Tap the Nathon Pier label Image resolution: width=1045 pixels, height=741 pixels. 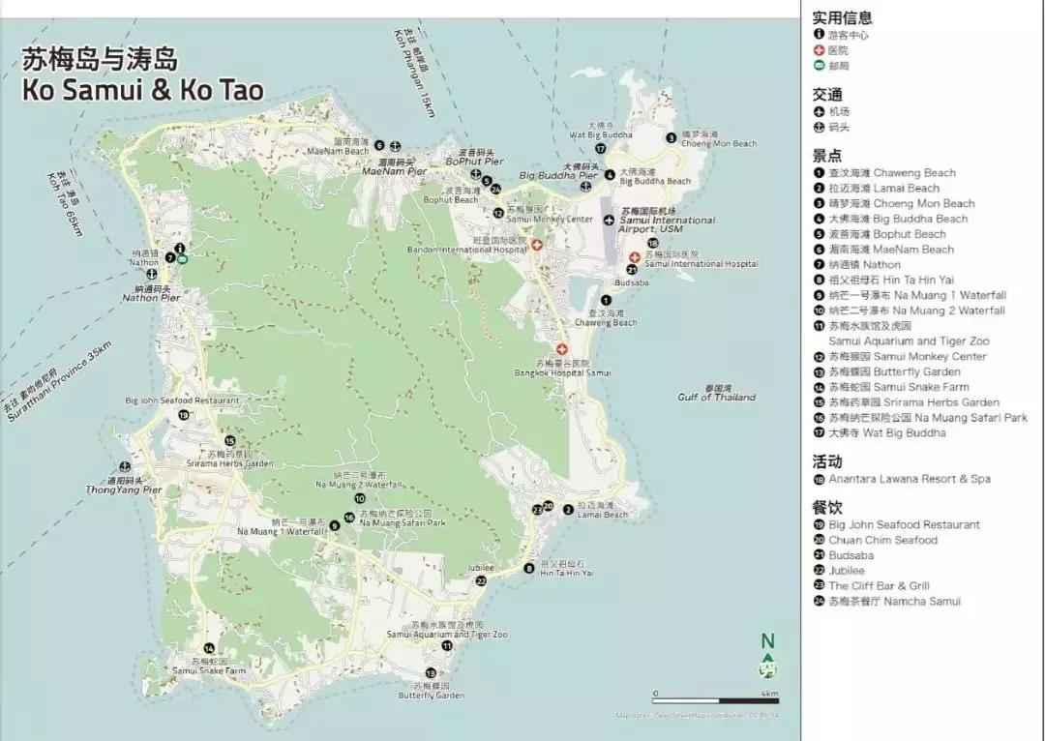click(151, 298)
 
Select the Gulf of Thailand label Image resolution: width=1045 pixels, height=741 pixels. click(716, 397)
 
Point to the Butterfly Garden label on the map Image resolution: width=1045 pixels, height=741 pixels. click(432, 695)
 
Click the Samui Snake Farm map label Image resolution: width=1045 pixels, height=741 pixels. click(210, 670)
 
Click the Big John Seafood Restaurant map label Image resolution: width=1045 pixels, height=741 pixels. click(182, 400)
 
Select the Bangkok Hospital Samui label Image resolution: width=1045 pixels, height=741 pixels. click(563, 372)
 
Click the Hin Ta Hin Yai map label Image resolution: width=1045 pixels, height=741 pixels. click(566, 573)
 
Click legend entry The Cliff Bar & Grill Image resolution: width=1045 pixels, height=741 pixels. click(879, 586)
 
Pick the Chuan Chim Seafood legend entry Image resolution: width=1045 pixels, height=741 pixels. click(882, 540)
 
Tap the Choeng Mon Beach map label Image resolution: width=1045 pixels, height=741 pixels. click(719, 143)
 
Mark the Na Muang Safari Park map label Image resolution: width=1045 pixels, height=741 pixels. click(403, 522)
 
